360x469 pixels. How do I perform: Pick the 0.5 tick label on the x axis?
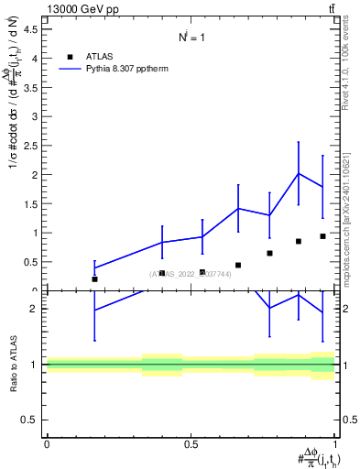coord(191,444)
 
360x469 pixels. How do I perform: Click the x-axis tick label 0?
coord(47,444)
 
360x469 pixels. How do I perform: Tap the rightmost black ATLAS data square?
coord(322,236)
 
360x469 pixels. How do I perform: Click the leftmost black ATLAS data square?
coord(94,279)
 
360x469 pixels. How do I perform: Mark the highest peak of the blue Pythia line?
coord(299,174)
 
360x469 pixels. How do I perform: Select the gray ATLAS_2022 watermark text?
coord(191,274)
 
